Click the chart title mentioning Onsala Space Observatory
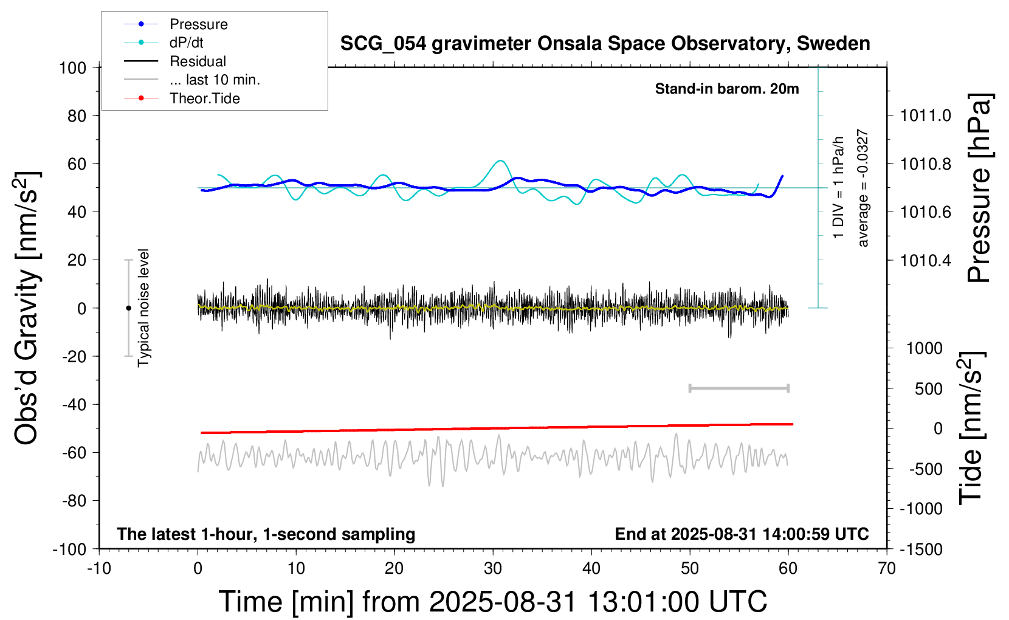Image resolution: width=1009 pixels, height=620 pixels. (x=605, y=44)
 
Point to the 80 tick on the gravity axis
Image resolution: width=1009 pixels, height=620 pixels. (x=77, y=115)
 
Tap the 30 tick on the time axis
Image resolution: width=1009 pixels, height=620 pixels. (x=493, y=569)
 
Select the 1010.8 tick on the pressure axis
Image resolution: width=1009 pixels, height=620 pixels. (x=926, y=164)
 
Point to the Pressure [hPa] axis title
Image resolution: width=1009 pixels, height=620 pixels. (x=979, y=188)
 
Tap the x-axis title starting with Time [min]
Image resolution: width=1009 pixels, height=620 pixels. (x=492, y=602)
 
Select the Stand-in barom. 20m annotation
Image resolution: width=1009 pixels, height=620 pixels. (x=727, y=89)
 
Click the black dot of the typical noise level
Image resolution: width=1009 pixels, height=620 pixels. (x=128, y=308)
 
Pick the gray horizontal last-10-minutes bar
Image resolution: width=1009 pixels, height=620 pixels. (x=739, y=388)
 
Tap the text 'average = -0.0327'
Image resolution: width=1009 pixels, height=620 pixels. (x=863, y=188)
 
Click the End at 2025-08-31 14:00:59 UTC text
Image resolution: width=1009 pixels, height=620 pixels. (x=742, y=534)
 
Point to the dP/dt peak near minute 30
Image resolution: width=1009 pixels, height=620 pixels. (x=500, y=161)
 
